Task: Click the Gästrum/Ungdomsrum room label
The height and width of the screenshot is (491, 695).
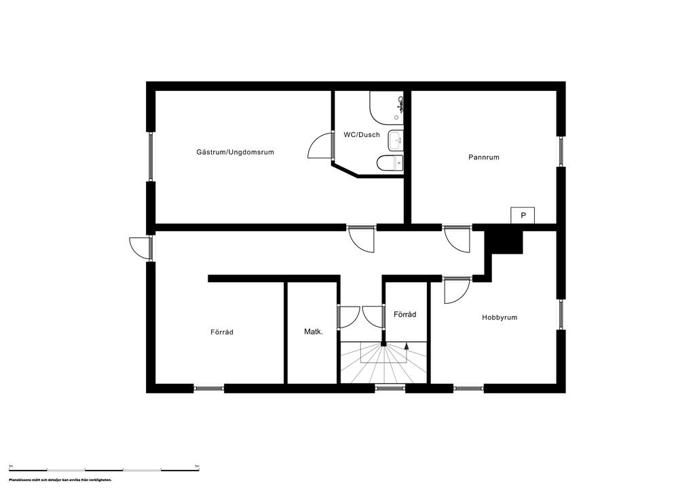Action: [235, 153]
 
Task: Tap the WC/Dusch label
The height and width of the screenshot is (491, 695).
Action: [362, 135]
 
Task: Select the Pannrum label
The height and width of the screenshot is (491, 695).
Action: [484, 157]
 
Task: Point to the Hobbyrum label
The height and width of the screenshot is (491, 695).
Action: [500, 317]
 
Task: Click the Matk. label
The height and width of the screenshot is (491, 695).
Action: [313, 332]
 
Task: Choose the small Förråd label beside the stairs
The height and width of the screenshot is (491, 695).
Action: [405, 315]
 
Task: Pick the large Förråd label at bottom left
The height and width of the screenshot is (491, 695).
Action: [222, 332]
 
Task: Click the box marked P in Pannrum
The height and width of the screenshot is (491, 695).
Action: [523, 215]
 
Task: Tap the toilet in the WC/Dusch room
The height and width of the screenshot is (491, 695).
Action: [390, 163]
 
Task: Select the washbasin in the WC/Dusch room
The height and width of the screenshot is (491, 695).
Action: [395, 141]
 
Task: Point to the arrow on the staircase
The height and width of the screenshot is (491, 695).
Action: [407, 345]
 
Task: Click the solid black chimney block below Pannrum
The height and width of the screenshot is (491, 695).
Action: [505, 241]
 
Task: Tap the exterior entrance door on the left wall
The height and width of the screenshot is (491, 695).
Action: [141, 248]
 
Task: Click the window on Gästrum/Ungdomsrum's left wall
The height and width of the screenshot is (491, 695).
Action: [151, 156]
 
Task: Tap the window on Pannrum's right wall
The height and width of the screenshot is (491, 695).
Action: [561, 152]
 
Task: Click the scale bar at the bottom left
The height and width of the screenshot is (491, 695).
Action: [104, 469]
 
